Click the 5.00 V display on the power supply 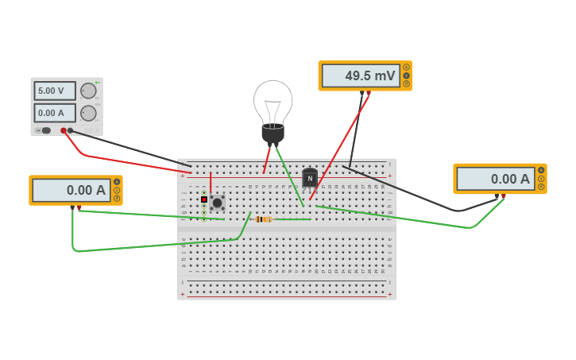point(55,91)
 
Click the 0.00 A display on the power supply point(55,113)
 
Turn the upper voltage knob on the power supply point(88,91)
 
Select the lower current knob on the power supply point(88,113)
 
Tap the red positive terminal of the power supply point(64,130)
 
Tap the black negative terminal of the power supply point(71,130)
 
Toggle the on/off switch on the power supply point(44,130)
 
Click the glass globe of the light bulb point(273,101)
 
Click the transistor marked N point(310,178)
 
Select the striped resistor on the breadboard point(264,219)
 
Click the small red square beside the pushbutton point(204,199)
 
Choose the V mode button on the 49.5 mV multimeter point(407,75)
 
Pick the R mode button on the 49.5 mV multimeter point(407,83)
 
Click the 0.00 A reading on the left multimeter point(71,190)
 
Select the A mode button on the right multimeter point(541,170)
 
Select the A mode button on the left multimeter point(117,182)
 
